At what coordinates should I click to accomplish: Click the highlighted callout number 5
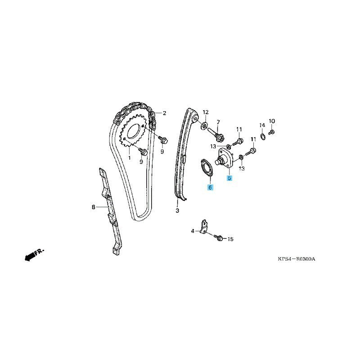pos(229,178)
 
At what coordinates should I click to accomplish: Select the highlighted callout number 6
pos(210,187)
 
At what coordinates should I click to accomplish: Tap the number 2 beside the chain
pos(164,113)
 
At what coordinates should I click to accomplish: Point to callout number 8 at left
pos(93,207)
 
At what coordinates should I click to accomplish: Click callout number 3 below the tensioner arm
pos(177,210)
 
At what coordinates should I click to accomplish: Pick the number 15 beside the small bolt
pos(230,239)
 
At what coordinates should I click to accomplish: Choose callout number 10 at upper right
pos(272,121)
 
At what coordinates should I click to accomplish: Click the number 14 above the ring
pos(262,125)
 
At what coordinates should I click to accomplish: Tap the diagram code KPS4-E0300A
pos(297,259)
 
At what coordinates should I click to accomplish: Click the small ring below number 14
pos(263,136)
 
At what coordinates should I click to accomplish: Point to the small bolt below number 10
pos(272,132)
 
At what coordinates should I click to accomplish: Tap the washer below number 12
pos(204,126)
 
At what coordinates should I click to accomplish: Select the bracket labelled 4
pos(204,227)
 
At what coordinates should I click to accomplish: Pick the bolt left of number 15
pos(218,238)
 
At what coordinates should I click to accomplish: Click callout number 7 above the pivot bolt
pos(218,121)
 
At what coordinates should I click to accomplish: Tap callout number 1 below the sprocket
pos(129,158)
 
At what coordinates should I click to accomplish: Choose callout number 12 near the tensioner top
pos(206,112)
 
